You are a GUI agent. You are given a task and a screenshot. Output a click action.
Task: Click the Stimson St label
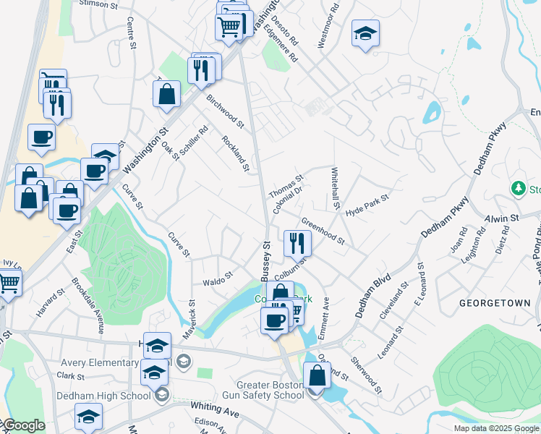98,4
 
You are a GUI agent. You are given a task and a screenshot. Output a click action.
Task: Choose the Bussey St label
265,253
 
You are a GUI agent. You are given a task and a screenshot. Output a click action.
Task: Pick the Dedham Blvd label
372,296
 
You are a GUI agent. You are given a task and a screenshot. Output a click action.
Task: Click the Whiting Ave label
215,409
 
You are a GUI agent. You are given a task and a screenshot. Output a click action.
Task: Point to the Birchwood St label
225,110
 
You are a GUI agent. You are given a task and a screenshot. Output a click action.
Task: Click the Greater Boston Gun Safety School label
270,390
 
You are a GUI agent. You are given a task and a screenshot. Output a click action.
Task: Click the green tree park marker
518,190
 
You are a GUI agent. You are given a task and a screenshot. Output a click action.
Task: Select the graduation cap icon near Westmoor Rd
366,33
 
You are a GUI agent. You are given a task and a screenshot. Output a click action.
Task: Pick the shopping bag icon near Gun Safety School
317,375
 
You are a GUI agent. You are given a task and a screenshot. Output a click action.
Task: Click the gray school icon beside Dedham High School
161,395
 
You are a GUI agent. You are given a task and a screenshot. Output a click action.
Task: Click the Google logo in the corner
23,425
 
